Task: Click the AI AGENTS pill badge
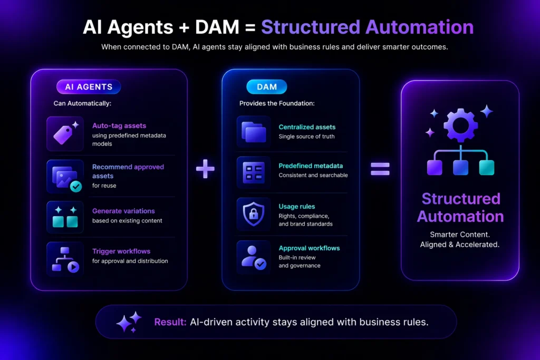coord(89,87)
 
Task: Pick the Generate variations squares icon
coord(65,217)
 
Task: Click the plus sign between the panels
coord(205,169)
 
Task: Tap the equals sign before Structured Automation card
coord(380,169)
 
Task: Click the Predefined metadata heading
coord(311,166)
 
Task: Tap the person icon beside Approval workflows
coord(254,256)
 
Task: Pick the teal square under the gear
coord(486,168)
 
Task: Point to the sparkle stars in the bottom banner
coord(129,322)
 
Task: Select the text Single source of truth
coord(306,137)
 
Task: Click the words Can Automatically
coord(82,103)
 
